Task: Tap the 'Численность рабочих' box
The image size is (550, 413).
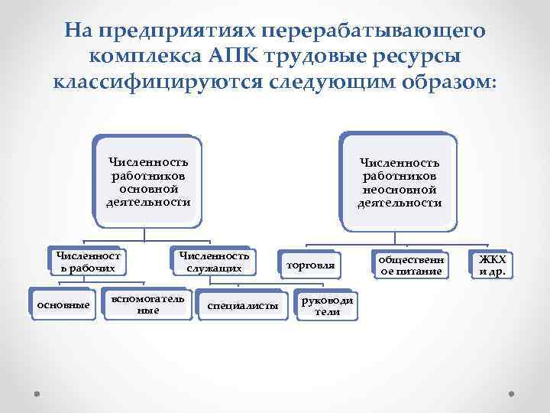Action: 86,262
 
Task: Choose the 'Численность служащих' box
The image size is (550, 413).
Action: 214,262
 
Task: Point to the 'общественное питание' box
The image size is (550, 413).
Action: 409,265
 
